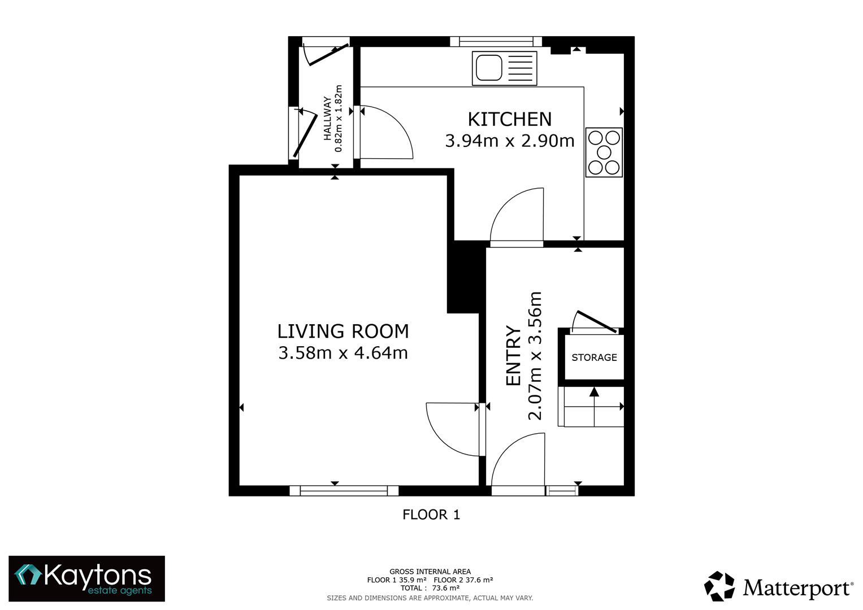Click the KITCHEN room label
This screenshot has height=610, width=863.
[509, 119]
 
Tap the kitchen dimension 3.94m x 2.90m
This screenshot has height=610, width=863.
[509, 141]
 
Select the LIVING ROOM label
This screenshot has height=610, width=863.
[342, 331]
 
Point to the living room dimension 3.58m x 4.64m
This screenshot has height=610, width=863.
[342, 353]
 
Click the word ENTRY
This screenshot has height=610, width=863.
[513, 356]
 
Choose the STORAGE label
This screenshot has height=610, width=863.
[594, 358]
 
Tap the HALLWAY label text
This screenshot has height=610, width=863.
[327, 118]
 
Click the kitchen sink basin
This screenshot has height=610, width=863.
[489, 68]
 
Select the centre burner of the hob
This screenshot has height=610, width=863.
[604, 152]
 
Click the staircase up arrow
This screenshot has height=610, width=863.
[594, 392]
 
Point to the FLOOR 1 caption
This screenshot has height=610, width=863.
[431, 515]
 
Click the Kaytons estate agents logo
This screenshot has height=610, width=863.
[86, 578]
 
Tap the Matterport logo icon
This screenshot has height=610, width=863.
[719, 586]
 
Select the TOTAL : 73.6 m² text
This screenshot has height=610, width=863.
[430, 588]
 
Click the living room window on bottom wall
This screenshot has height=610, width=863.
[344, 490]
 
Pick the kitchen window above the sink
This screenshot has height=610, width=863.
[496, 41]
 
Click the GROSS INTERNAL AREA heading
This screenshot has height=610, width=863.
[430, 572]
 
